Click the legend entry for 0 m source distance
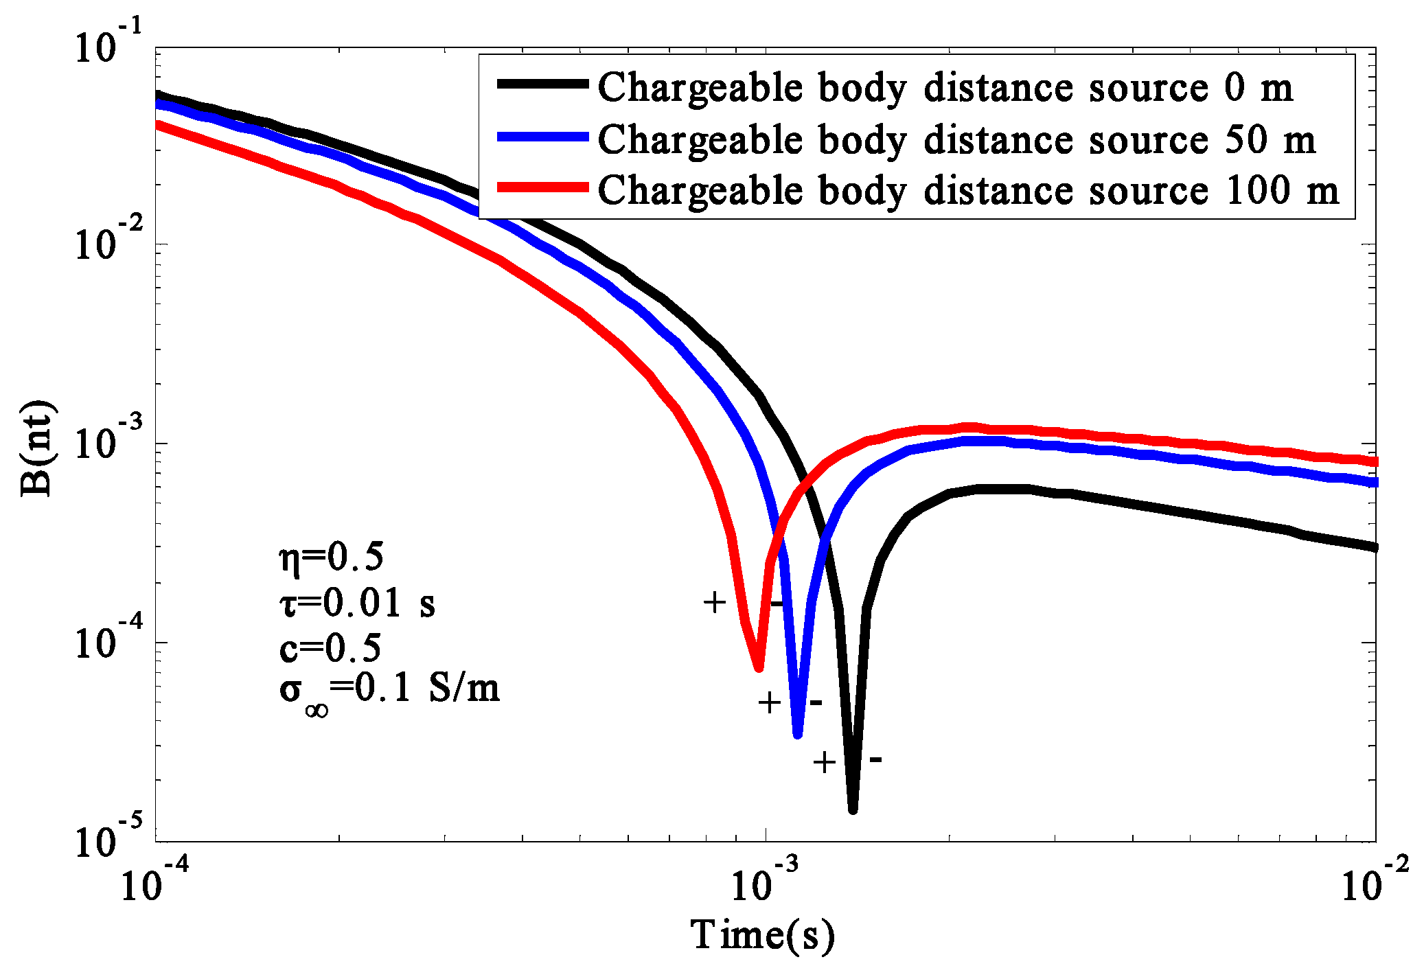(945, 88)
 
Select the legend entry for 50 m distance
(956, 140)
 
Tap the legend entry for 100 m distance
(968, 190)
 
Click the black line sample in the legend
(542, 84)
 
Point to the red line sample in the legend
(542, 187)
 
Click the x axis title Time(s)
(762, 935)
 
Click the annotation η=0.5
(332, 557)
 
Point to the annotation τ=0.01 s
(357, 603)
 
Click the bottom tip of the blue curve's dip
(797, 735)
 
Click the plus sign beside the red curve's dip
(715, 602)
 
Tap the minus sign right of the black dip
(876, 759)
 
